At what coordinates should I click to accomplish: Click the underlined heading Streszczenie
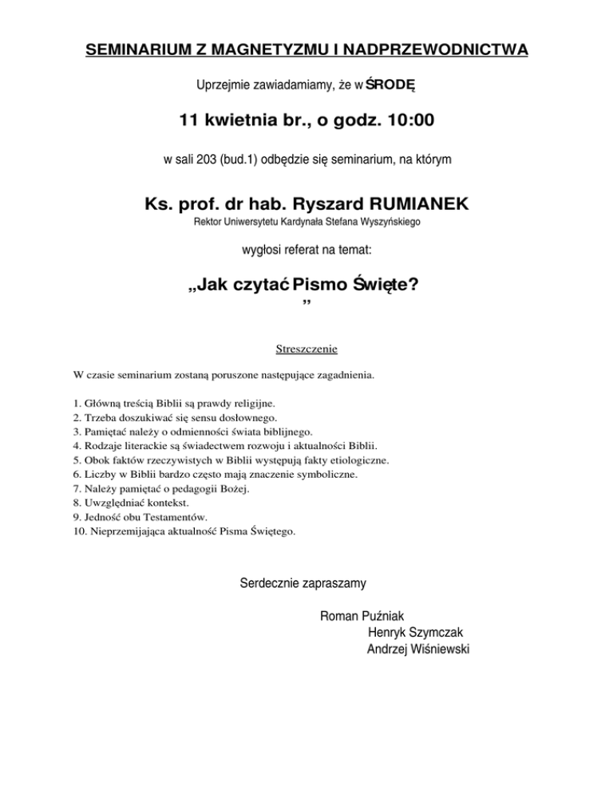(306, 349)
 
